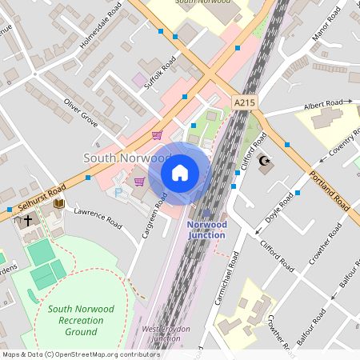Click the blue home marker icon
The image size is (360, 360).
pos(180,172)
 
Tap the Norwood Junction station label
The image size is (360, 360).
pos(206,230)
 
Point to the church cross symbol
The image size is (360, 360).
pos(28,219)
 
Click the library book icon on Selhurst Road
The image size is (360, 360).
pos(58,204)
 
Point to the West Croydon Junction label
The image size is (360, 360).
pos(161,334)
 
